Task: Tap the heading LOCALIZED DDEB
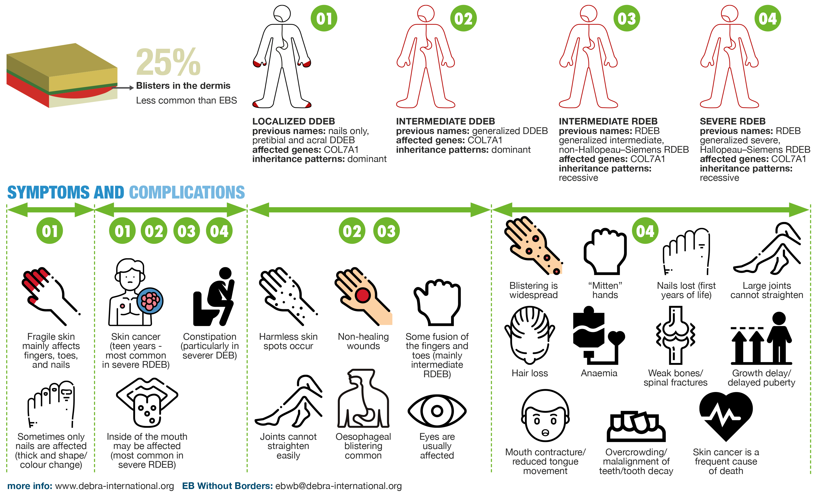click(293, 121)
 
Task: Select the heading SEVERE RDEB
click(732, 121)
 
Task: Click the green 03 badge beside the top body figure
click(626, 18)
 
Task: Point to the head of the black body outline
click(282, 14)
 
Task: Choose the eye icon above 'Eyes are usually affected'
click(437, 411)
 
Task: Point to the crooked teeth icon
click(636, 427)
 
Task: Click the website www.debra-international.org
click(114, 486)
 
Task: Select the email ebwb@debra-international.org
click(339, 486)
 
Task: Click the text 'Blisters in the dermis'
click(183, 86)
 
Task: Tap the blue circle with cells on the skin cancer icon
click(150, 301)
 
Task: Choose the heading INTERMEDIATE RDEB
click(608, 121)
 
